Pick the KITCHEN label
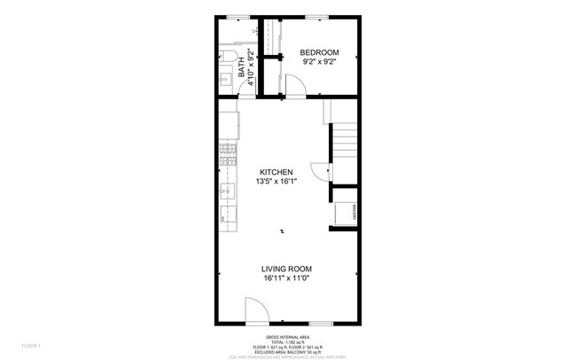(x=276, y=171)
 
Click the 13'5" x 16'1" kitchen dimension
(x=276, y=181)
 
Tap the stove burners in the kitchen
(x=228, y=156)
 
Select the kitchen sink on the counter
(x=228, y=189)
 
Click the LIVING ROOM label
(x=286, y=269)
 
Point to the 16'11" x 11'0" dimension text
(x=286, y=278)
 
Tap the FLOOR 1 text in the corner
(x=32, y=344)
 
